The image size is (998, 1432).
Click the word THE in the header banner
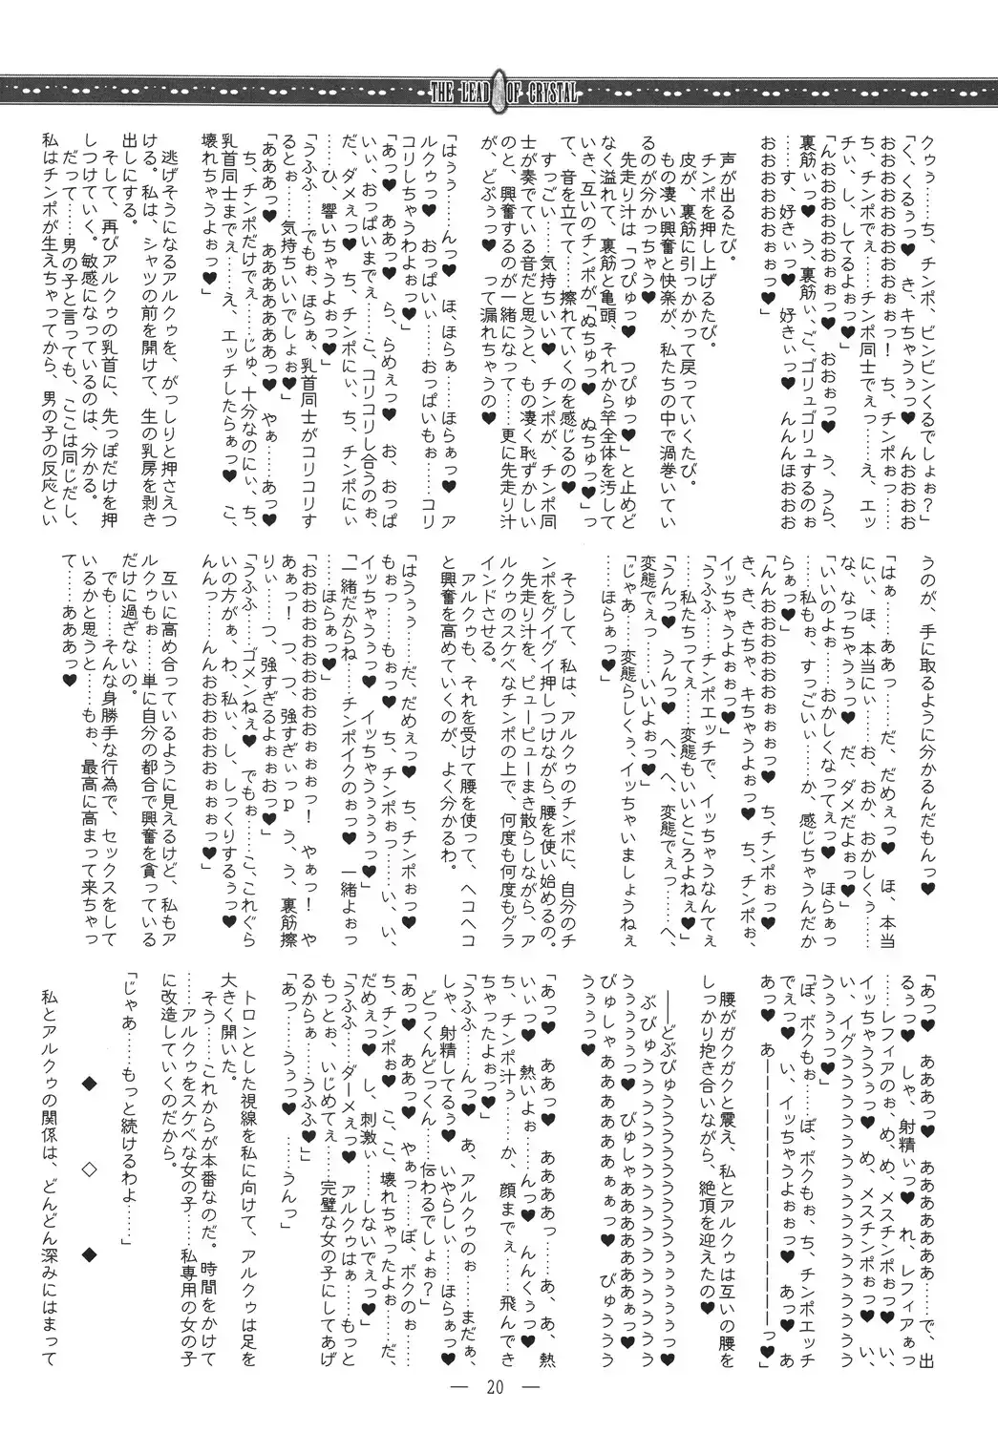click(445, 93)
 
